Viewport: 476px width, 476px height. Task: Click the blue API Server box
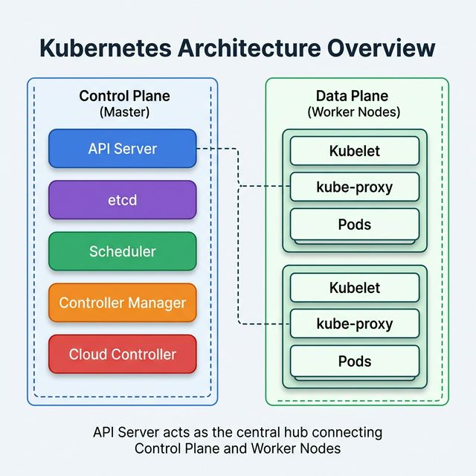(122, 148)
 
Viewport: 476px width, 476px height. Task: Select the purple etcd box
(122, 199)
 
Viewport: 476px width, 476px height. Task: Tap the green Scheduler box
(122, 251)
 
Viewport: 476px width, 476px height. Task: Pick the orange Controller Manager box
(122, 303)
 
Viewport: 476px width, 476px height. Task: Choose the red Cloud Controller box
(122, 354)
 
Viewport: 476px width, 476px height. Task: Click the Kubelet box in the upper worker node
(354, 151)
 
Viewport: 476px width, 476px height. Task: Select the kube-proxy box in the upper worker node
(354, 187)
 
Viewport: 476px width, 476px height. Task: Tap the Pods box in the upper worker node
(354, 224)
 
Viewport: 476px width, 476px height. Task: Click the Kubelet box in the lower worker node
(354, 288)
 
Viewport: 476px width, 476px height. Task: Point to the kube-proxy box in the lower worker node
(354, 324)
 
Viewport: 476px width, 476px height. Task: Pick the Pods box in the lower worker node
(354, 361)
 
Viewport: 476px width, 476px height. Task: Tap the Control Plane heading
(124, 96)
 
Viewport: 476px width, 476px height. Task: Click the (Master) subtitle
(124, 112)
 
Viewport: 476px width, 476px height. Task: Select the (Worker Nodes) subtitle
(354, 112)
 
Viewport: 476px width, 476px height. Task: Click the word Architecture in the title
(246, 48)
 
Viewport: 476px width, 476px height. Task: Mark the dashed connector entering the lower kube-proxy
(264, 324)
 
